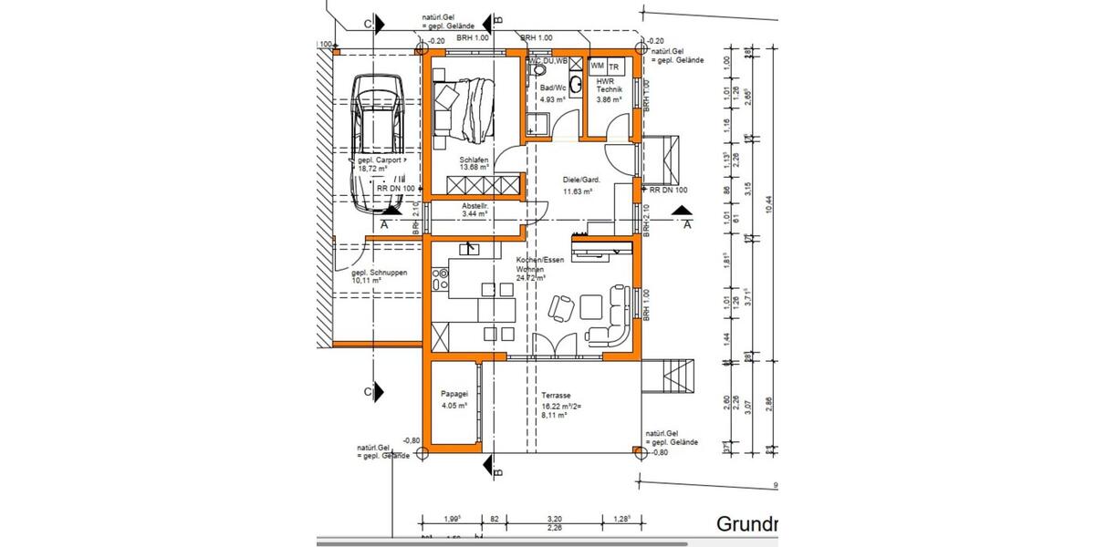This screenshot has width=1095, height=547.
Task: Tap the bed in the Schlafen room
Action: pos(465,108)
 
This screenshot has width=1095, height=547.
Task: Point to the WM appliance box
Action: pos(598,67)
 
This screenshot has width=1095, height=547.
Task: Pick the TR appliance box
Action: pos(615,67)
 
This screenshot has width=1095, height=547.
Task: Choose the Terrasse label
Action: pos(556,397)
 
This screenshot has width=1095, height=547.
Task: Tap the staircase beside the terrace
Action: pos(673,374)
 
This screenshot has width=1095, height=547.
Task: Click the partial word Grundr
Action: pos(746,524)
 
